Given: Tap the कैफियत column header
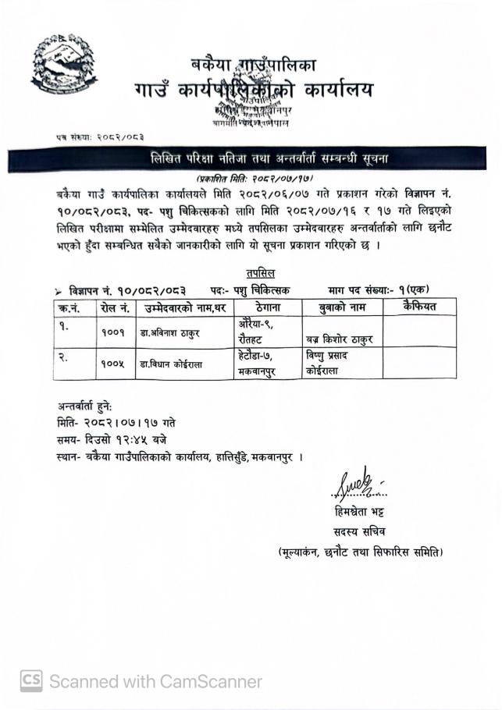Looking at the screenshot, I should point(418,307).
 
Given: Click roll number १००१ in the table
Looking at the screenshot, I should point(113,333).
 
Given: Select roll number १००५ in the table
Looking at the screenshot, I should point(113,364).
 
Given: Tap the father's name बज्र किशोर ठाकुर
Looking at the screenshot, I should point(341,339).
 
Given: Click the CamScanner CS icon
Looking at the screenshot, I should point(30,681).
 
